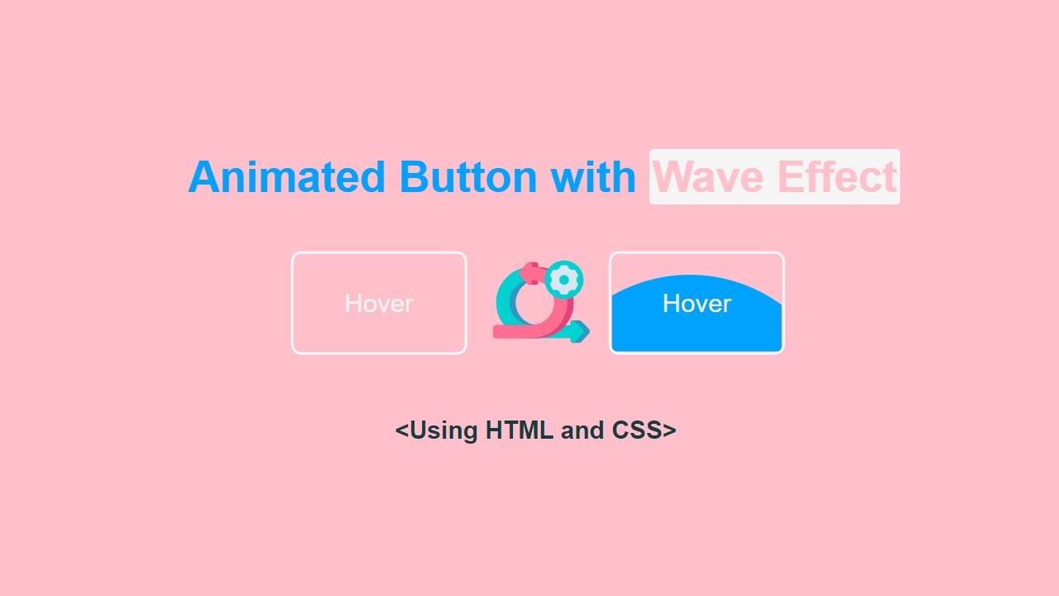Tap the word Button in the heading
tap(467, 177)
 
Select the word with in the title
tap(592, 177)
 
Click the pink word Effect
tap(837, 177)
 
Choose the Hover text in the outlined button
tap(379, 304)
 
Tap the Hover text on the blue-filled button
tap(697, 304)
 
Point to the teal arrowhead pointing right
tap(582, 332)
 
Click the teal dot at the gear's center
tap(564, 280)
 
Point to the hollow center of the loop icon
tap(536, 305)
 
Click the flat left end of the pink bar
tap(496, 332)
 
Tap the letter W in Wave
tap(673, 177)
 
